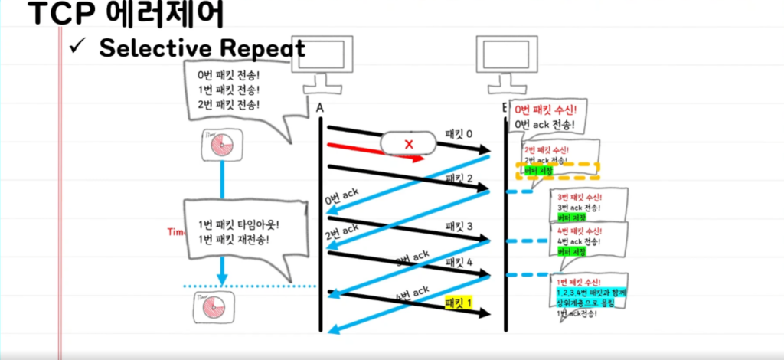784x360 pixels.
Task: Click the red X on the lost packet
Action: (x=408, y=143)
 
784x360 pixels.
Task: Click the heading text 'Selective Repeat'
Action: (x=202, y=48)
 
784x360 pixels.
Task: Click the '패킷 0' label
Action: (x=459, y=134)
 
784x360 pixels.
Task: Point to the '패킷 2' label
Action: (x=459, y=178)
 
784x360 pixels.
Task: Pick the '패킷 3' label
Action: (x=459, y=226)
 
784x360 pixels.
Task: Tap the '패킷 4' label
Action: (x=459, y=262)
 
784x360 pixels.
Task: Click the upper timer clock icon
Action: (x=221, y=144)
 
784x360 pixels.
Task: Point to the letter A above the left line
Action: (x=320, y=109)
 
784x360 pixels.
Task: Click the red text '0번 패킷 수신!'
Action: (x=550, y=110)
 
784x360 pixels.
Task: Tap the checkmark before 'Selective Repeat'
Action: (x=79, y=47)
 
